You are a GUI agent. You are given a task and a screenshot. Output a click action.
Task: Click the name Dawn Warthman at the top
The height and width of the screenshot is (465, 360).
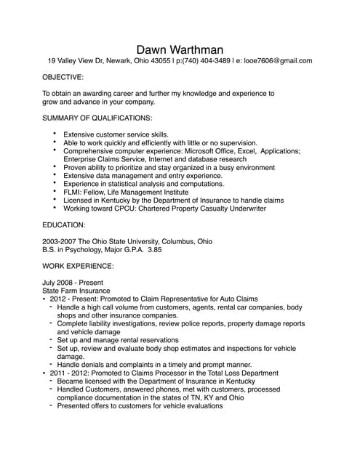pyautogui.click(x=180, y=48)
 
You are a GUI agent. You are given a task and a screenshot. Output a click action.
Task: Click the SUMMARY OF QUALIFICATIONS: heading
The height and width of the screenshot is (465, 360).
pyautogui.click(x=97, y=118)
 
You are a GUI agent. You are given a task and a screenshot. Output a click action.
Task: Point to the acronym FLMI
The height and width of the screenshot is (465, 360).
pyautogui.click(x=73, y=192)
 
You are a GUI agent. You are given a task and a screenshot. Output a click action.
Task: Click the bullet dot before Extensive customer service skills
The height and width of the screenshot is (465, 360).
pyautogui.click(x=55, y=134)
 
